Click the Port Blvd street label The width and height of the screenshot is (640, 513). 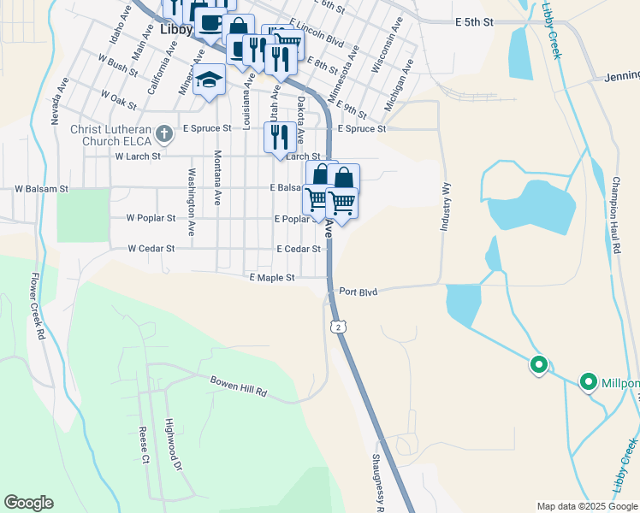click(x=358, y=292)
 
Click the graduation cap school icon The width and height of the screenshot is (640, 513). click(x=209, y=81)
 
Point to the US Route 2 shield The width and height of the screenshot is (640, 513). click(x=340, y=327)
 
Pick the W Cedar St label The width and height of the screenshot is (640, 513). click(x=151, y=249)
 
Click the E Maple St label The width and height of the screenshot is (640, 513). click(x=271, y=278)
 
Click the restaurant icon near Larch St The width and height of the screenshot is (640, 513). click(x=280, y=137)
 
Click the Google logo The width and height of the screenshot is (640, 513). click(x=28, y=503)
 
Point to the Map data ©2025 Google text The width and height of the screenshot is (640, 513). click(x=587, y=506)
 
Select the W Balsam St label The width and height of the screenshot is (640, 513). click(x=41, y=187)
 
